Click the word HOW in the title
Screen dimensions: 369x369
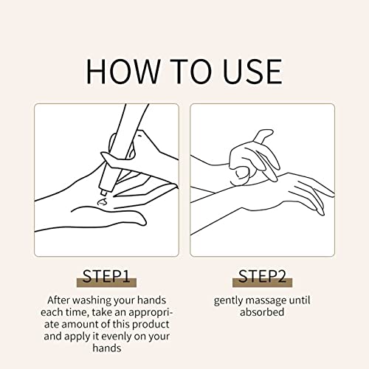point(123,71)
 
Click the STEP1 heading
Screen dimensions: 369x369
point(106,276)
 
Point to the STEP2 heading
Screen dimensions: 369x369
point(262,276)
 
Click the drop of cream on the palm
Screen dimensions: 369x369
point(103,202)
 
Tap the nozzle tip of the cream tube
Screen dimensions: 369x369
point(104,193)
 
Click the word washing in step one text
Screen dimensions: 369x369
point(92,300)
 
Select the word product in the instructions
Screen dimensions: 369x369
point(151,325)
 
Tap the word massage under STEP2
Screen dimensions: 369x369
point(266,301)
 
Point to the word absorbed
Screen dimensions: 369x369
point(262,312)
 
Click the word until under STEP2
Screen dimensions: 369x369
point(300,300)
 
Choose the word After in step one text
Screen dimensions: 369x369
point(58,300)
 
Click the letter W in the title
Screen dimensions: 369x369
point(143,72)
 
